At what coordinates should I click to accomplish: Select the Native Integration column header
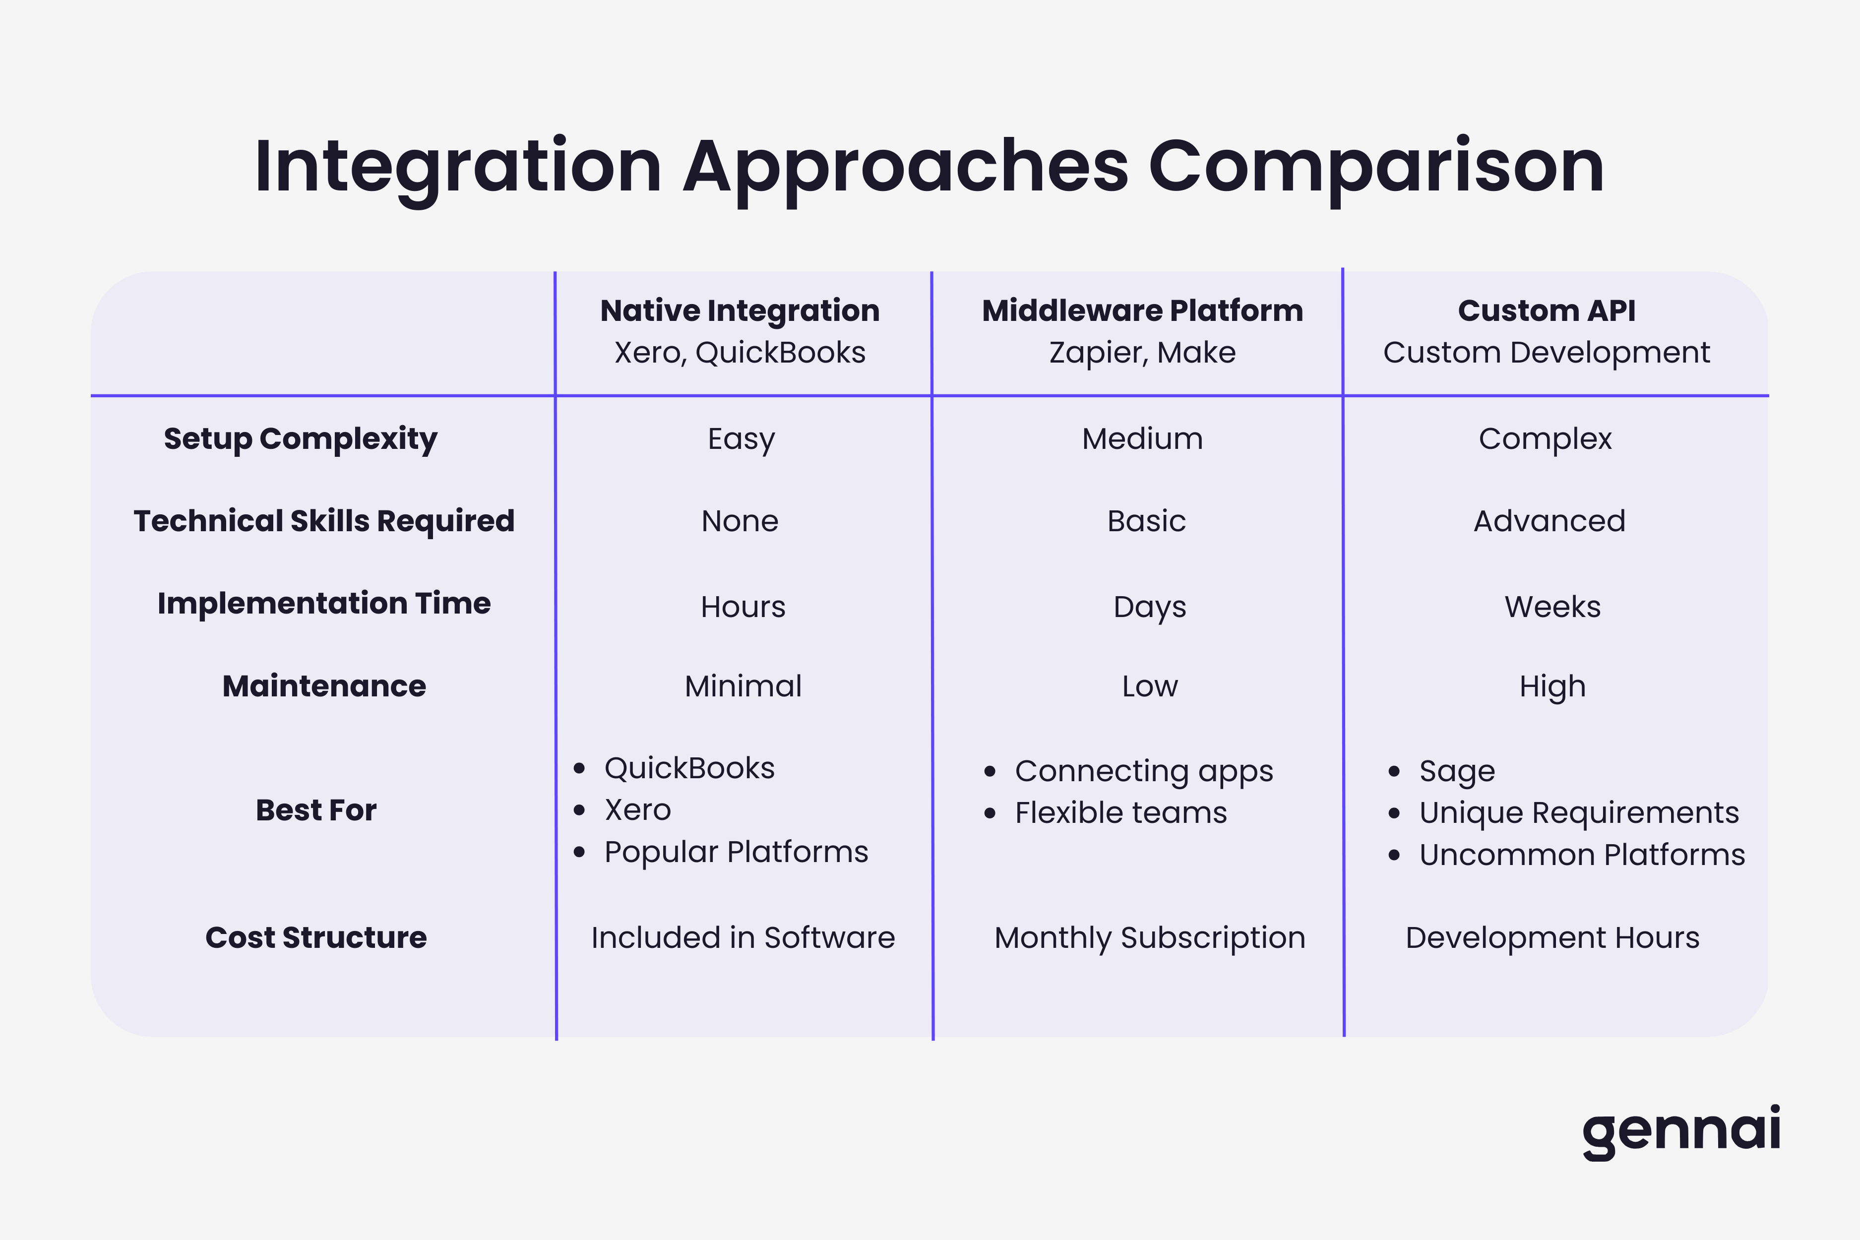(x=740, y=311)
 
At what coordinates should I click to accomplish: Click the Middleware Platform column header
(x=1142, y=311)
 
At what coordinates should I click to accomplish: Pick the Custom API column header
(x=1546, y=311)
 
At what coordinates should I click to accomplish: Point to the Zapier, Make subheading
(x=1142, y=353)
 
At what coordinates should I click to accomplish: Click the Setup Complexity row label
(x=301, y=439)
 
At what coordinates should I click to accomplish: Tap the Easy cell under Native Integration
(x=741, y=439)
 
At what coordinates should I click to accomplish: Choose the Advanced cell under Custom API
(x=1549, y=521)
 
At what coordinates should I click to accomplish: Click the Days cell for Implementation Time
(x=1149, y=607)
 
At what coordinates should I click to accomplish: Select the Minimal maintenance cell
(x=743, y=686)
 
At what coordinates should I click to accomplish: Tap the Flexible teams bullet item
(x=1120, y=813)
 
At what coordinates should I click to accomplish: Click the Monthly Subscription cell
(x=1149, y=938)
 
